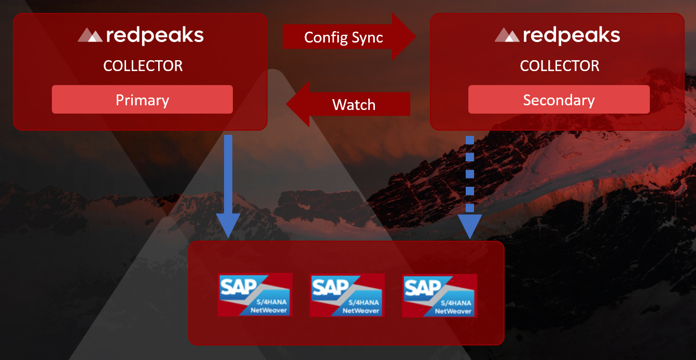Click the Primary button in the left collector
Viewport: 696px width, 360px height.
pos(142,100)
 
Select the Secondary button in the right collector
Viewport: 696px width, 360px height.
pos(559,100)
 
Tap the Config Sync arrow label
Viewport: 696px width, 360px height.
pos(343,37)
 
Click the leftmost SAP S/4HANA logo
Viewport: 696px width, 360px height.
pos(255,294)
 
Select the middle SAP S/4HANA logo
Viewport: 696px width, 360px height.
pos(347,295)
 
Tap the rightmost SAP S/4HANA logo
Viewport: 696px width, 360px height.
pos(439,295)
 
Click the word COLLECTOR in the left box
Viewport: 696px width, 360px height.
pos(143,66)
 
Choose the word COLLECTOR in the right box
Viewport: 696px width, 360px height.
pos(560,66)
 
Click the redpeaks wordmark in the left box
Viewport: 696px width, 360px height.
pos(155,35)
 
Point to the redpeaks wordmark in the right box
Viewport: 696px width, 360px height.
pos(572,35)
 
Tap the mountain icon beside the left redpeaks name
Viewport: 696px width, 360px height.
pos(90,36)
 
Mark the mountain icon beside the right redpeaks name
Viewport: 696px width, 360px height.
pos(507,36)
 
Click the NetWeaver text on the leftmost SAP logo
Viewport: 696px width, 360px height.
pos(269,311)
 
